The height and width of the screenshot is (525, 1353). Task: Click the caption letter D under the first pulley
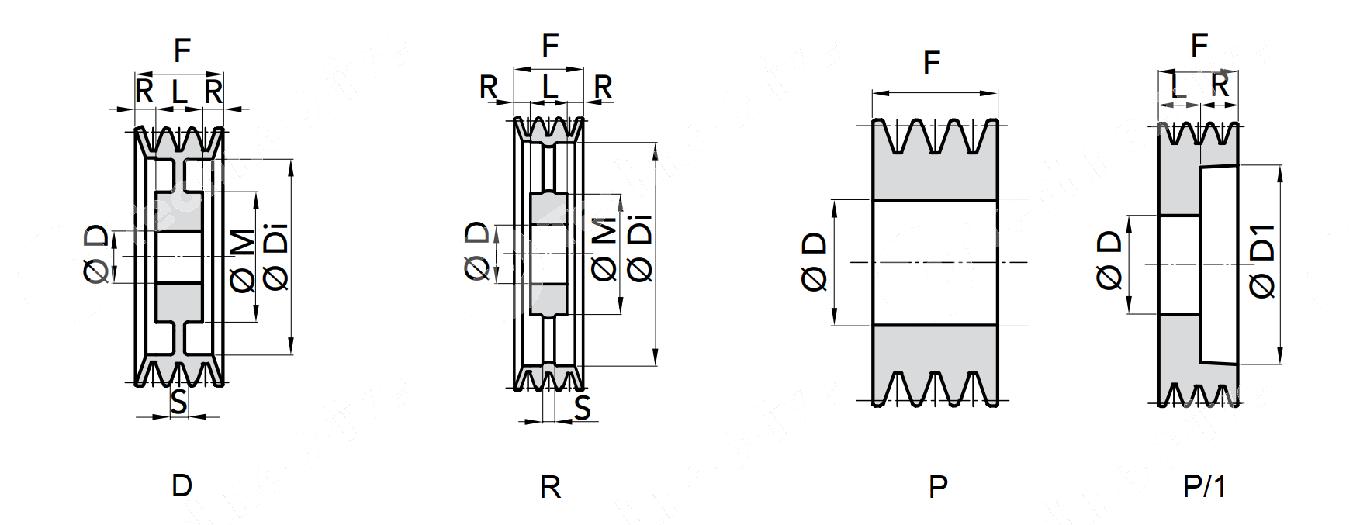[182, 485]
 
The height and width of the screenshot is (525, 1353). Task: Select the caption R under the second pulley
[550, 487]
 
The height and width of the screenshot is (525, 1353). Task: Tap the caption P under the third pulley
[938, 487]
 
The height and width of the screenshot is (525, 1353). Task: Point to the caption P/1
[1204, 486]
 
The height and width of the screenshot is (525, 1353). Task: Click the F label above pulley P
[932, 63]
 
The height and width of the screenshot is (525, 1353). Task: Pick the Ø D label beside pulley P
[815, 262]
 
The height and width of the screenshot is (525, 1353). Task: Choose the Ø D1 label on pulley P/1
[1263, 260]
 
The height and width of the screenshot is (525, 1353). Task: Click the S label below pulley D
[179, 402]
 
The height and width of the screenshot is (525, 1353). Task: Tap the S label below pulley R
[583, 407]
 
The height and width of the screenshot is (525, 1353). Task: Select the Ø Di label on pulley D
[276, 257]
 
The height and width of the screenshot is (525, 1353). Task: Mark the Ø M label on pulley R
[604, 248]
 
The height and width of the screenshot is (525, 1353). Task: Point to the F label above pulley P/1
[1199, 47]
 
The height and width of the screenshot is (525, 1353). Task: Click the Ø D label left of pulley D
[96, 254]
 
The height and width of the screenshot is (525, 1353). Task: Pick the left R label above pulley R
[489, 88]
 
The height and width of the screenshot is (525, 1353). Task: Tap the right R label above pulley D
[213, 92]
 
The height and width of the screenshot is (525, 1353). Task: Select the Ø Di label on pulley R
[639, 248]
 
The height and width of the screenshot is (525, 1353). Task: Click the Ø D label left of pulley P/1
[1110, 260]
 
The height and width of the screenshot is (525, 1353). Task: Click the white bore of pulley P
[935, 262]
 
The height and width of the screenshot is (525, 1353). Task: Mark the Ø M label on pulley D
[244, 261]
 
